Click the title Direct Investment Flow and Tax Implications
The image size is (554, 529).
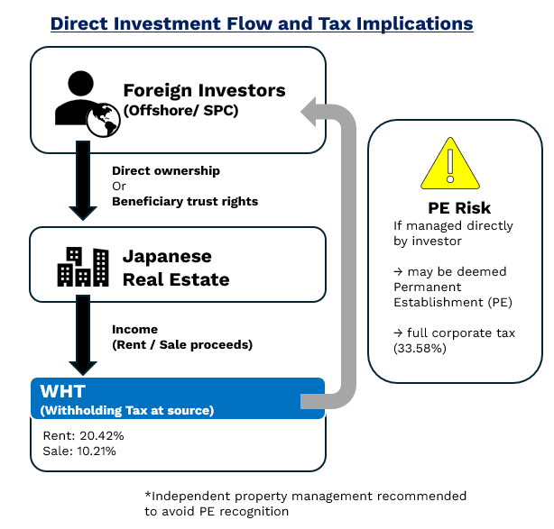click(x=262, y=23)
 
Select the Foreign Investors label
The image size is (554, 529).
click(x=204, y=90)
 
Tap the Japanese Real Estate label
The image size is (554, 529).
click(x=176, y=268)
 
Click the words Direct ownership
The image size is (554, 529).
click(x=166, y=170)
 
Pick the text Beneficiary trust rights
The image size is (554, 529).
click(x=185, y=201)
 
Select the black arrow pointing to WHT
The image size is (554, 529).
click(x=83, y=333)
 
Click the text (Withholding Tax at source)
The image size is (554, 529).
click(x=126, y=411)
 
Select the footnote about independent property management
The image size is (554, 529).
click(x=305, y=503)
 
